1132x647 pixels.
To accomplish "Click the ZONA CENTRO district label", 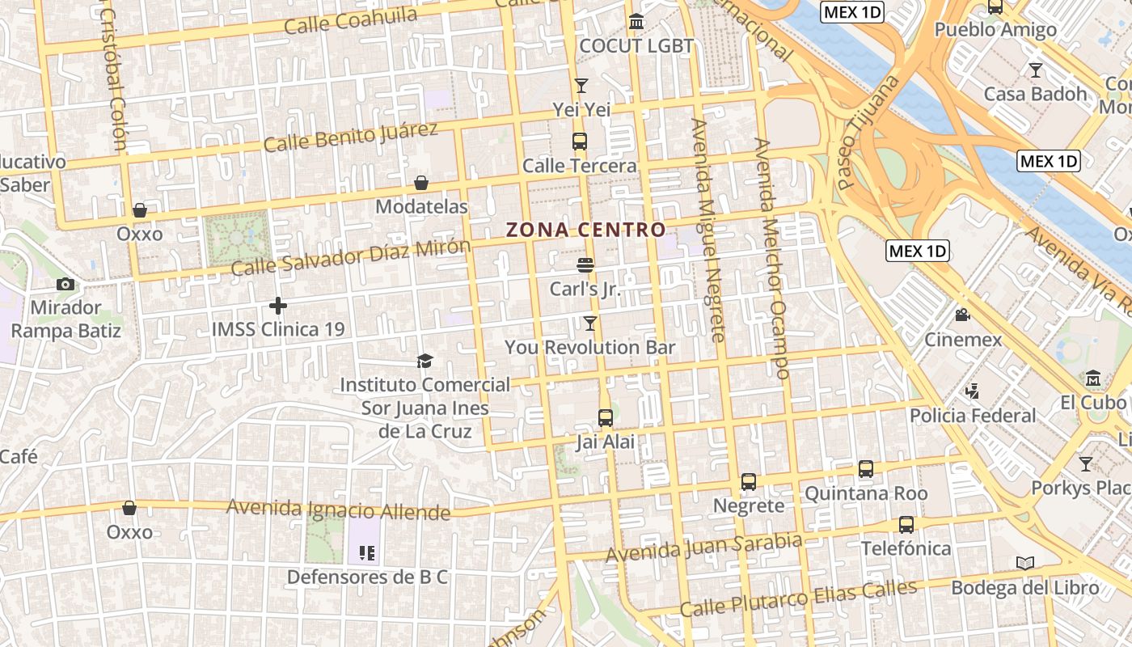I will (585, 230).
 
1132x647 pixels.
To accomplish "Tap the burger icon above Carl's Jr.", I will (585, 264).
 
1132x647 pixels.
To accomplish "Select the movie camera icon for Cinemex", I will (962, 315).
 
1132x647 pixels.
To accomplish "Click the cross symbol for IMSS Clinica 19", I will (278, 306).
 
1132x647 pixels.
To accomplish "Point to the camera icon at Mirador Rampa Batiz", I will (65, 284).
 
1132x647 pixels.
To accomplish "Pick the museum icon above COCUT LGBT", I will (636, 22).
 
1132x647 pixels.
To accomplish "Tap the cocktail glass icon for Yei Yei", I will (581, 85).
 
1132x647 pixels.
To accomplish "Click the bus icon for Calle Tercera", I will (580, 142).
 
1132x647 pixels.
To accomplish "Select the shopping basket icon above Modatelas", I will (420, 183).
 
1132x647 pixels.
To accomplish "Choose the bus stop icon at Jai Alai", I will (605, 418).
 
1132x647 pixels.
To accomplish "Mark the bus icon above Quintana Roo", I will (865, 469).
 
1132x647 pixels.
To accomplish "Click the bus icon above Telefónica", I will (906, 524).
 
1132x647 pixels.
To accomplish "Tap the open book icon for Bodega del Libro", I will (1024, 563).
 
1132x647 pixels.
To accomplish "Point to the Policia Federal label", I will (973, 416).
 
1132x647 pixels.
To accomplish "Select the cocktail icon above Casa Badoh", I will (1035, 70).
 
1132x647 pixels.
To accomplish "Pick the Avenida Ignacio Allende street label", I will (338, 510).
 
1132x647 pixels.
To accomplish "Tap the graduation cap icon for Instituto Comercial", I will (424, 361).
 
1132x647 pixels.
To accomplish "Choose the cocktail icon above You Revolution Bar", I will (590, 323).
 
